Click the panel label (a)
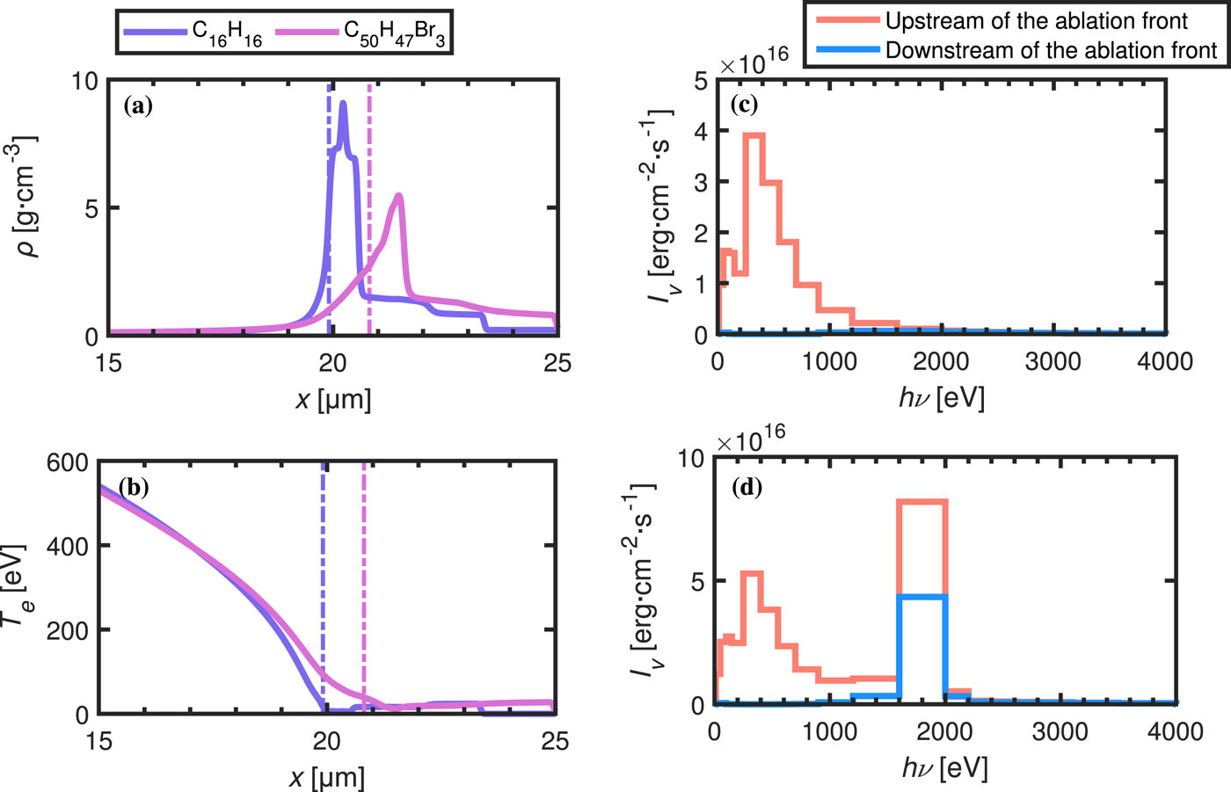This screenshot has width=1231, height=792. coord(139,106)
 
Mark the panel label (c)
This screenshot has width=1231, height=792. coord(744,104)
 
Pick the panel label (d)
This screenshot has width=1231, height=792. coord(747,487)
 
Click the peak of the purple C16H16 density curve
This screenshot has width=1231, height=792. coord(342,103)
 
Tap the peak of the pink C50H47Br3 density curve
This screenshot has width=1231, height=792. coord(399,195)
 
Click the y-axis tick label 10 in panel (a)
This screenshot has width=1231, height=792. coord(85,82)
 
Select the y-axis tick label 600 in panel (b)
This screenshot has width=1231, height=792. coord(67,461)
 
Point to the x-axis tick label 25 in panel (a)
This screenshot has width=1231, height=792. coord(557,363)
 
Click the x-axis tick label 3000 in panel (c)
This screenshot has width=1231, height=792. coord(1053,361)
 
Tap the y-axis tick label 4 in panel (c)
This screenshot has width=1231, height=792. coord(701,131)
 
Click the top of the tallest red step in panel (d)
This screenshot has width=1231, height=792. coord(921,501)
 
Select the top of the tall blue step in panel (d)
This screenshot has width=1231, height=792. coord(921,597)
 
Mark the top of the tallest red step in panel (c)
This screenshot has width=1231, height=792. coord(754,134)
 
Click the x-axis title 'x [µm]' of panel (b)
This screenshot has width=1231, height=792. coord(326,777)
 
